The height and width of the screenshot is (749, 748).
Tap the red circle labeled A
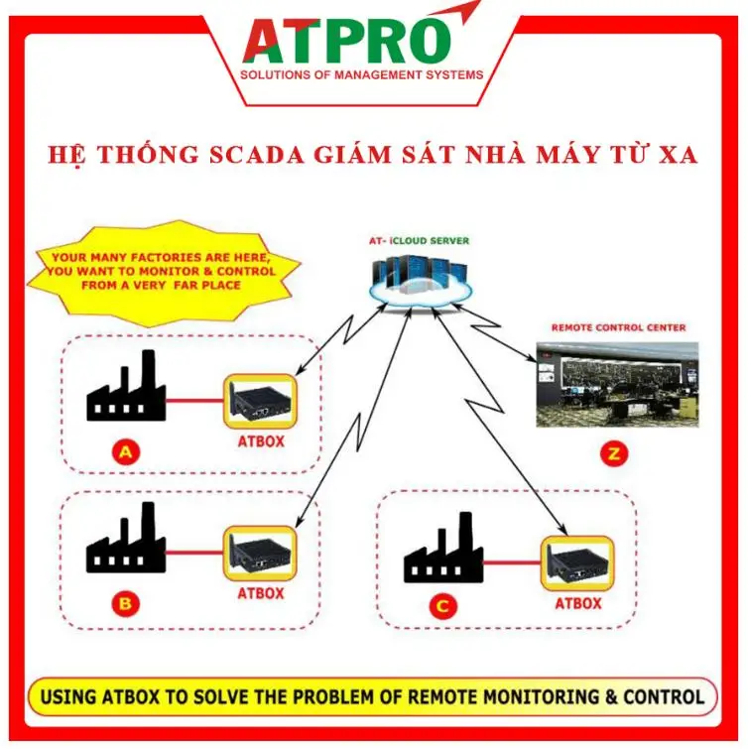(125, 453)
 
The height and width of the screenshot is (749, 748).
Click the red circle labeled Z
(615, 455)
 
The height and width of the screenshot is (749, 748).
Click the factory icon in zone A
(125, 393)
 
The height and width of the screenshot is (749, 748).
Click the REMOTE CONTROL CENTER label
(617, 327)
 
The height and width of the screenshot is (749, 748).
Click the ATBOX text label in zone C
(577, 603)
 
